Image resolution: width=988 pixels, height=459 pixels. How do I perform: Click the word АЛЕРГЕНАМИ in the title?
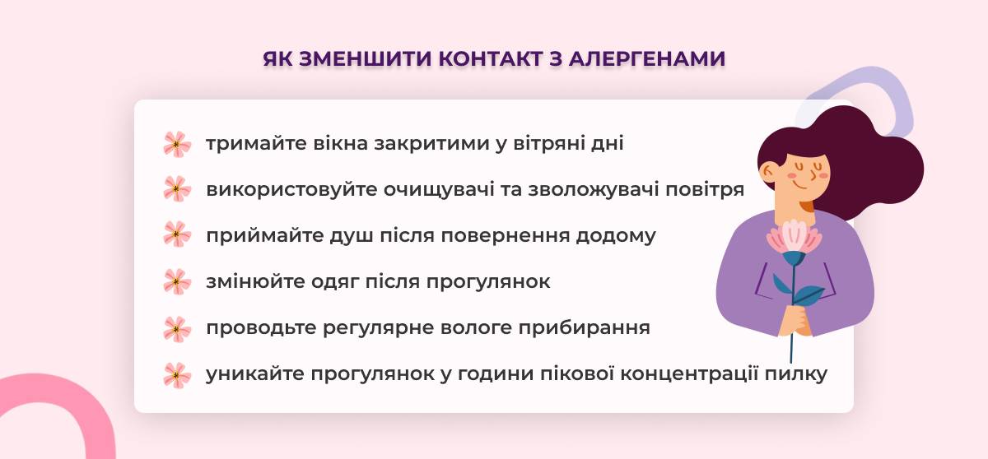[x=647, y=59]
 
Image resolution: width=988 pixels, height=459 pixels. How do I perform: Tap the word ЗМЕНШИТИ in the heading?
[x=364, y=59]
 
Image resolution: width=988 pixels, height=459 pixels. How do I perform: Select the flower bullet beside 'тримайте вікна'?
[x=177, y=144]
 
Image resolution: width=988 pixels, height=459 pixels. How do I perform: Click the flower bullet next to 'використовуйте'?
[x=177, y=189]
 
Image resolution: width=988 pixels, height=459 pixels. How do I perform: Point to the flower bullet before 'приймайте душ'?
[x=177, y=234]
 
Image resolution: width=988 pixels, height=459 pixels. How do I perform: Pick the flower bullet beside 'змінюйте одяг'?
[x=177, y=281]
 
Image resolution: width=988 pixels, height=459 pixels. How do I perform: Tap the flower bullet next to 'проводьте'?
[x=177, y=329]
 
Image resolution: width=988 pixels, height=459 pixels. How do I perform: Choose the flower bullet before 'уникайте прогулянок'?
[x=177, y=375]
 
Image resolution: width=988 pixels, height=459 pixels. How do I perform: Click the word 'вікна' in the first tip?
[x=340, y=144]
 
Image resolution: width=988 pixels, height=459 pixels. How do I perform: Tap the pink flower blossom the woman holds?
[x=795, y=238]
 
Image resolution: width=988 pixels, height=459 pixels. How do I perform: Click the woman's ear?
[x=769, y=172]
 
